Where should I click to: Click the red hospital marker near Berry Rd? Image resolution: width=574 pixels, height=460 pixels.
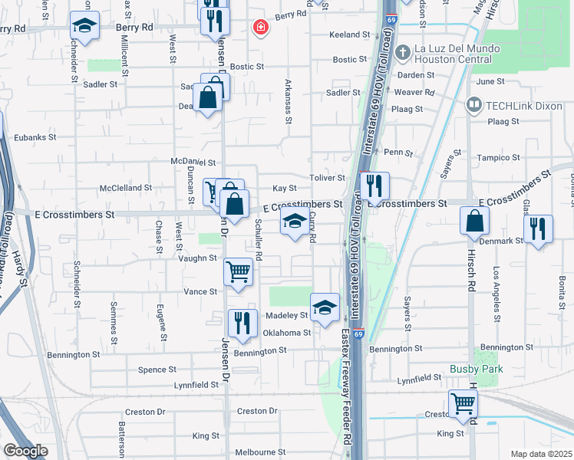(x=261, y=28)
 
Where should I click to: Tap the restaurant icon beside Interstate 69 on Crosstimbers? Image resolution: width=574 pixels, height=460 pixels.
(x=374, y=186)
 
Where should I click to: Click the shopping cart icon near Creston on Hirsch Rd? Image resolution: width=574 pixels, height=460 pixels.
(x=463, y=403)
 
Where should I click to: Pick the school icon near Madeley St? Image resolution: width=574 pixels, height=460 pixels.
(x=325, y=307)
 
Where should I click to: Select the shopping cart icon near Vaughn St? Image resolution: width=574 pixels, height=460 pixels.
(x=239, y=271)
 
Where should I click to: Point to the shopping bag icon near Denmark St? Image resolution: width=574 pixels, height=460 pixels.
(x=475, y=221)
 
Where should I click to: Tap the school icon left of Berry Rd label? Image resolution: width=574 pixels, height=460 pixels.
(x=84, y=26)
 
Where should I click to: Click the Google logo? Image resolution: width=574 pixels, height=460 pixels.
(x=25, y=451)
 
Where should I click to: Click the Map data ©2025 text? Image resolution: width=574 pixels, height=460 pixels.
(x=542, y=454)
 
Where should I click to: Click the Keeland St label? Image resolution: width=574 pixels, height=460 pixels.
(x=350, y=35)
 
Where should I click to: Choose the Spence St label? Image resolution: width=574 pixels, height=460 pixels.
(x=157, y=370)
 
